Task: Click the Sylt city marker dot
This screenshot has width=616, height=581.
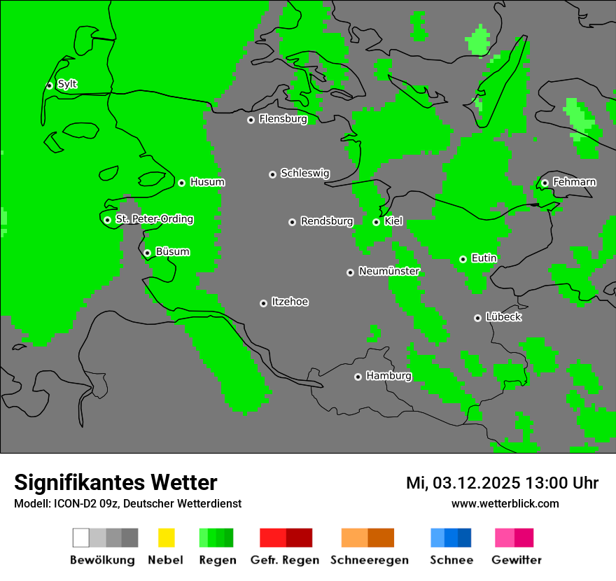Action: [x=49, y=85]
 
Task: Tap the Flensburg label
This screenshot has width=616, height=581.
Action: [x=283, y=119]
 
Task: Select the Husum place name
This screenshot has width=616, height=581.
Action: [x=207, y=182]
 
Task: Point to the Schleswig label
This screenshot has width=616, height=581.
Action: [x=304, y=173]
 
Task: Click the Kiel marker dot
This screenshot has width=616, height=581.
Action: [x=376, y=222]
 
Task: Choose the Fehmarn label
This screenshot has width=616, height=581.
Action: [x=574, y=182]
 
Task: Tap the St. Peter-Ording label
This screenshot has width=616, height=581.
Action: [x=154, y=219]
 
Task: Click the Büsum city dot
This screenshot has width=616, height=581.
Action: [x=147, y=253]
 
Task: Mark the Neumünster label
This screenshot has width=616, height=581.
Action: [x=389, y=271]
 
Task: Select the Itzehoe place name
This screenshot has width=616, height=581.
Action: [x=290, y=302]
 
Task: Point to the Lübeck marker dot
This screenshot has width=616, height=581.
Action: [x=477, y=318]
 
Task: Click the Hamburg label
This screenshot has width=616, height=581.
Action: [x=388, y=376]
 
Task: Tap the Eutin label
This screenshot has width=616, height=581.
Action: [x=484, y=258]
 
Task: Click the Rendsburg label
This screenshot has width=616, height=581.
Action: [x=327, y=221]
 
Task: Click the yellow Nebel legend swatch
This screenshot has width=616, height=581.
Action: [x=166, y=538]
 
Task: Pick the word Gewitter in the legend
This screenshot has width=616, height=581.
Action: [x=517, y=560]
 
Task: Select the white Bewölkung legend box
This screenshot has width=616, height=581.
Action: [x=81, y=538]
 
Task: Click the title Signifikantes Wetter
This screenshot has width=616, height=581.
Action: [x=115, y=482]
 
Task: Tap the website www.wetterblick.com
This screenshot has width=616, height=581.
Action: [x=505, y=503]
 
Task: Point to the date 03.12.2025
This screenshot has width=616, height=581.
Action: [x=476, y=483]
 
